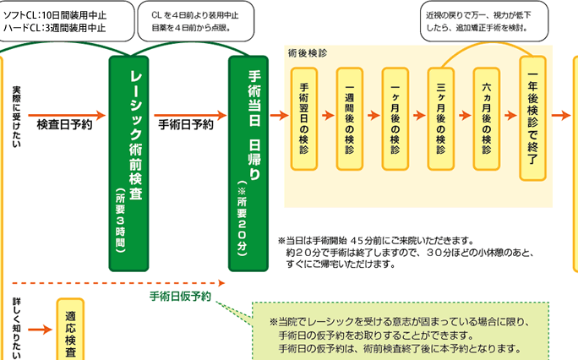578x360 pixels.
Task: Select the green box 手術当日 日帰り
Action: pyautogui.click(x=254, y=161)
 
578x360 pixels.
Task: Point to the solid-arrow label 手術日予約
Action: pyautogui.click(x=186, y=125)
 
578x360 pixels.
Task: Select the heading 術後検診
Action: pyautogui.click(x=308, y=52)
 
